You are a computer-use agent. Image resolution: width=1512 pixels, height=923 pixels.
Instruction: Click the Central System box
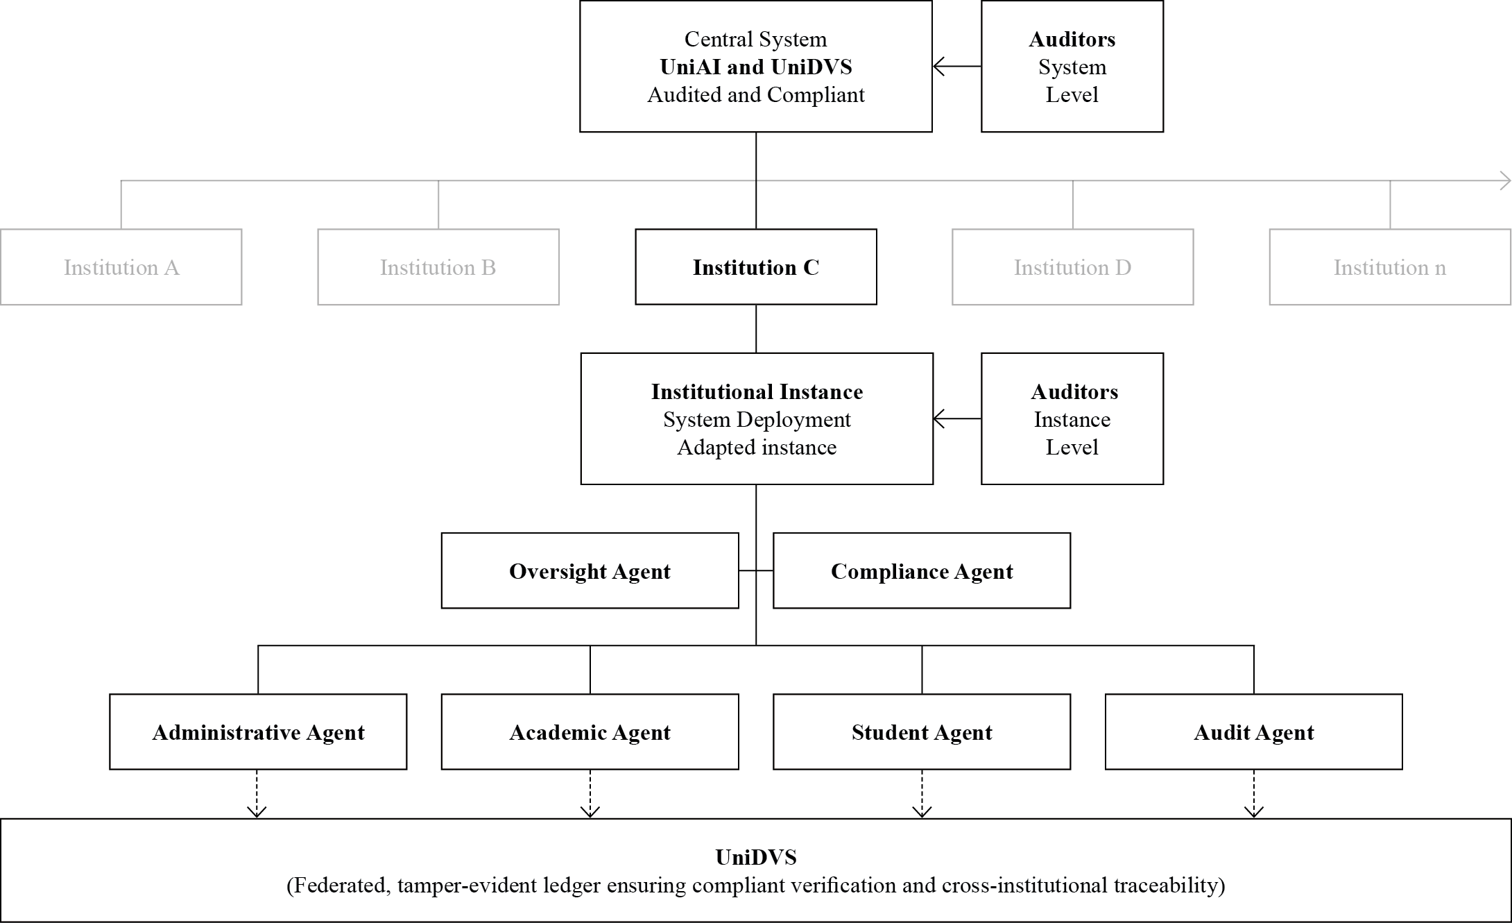756,67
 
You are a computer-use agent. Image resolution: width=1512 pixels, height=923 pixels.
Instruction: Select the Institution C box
756,267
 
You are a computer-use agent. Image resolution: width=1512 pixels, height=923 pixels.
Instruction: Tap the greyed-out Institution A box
121,267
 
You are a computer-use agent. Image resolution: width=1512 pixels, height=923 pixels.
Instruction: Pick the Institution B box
438,267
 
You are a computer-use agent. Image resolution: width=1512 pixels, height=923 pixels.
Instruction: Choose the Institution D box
1073,267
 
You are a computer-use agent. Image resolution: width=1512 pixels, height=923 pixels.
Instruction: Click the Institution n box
1390,267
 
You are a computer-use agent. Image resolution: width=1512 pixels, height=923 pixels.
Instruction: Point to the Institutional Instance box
757,419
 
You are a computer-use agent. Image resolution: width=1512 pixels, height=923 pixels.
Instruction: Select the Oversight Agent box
590,571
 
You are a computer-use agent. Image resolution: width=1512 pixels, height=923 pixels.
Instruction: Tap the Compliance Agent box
922,571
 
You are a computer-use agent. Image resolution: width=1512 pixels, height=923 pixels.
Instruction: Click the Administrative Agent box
258,732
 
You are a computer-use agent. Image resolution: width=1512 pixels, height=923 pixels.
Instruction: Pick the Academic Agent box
590,732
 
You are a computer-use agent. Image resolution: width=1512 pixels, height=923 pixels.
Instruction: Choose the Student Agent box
922,732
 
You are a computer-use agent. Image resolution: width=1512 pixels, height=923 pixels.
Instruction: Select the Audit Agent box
1254,732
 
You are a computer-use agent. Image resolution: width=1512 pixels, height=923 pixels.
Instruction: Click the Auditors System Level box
1072,67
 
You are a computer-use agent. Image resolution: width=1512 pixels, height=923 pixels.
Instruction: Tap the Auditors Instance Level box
1072,419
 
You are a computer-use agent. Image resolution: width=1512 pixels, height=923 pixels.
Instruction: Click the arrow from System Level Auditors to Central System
957,67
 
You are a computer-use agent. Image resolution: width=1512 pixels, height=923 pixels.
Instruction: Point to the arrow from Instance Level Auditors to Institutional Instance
957,419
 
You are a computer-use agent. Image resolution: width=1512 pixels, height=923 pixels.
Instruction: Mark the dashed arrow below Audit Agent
1254,794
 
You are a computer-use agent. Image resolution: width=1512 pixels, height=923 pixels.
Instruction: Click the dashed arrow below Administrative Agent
257,794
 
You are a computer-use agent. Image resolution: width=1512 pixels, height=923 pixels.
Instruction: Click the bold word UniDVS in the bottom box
756,858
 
